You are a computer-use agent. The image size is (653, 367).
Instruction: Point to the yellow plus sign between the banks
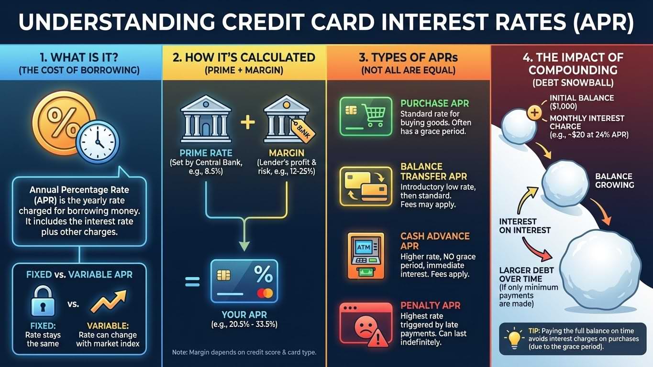pos(248,122)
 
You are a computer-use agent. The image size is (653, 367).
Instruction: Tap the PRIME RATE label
pos(206,153)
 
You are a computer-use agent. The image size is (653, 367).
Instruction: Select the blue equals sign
pos(192,282)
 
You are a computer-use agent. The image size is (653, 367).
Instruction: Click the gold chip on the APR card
pos(223,275)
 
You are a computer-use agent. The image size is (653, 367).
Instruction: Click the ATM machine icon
pos(365,256)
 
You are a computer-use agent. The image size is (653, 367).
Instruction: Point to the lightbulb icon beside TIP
pos(514,338)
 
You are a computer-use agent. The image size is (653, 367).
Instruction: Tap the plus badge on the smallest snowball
pos(534,113)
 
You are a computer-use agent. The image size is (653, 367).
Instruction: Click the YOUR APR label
pos(244,314)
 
